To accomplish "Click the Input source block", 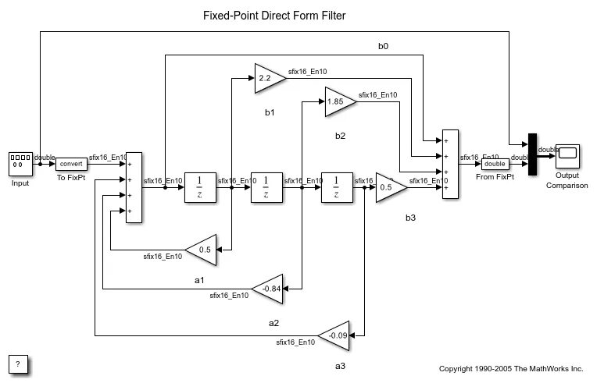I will (x=20, y=164).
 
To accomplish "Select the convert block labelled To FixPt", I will (x=71, y=164).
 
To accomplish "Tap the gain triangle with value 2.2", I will (x=267, y=78).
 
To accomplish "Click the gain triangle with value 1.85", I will (x=338, y=101).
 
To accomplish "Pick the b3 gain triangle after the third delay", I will (x=389, y=187).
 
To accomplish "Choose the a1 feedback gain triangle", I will (x=202, y=250).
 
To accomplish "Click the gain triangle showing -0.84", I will (x=270, y=288).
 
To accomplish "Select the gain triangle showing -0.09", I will (x=337, y=335).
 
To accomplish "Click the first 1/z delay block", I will (x=199, y=187).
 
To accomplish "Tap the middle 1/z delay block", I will (x=266, y=187).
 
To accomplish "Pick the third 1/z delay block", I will (x=336, y=187).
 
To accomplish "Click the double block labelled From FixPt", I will (x=494, y=164).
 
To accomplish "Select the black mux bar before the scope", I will (x=532, y=154).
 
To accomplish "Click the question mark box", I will (x=19, y=363).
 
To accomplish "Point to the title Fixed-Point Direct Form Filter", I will (x=274, y=16).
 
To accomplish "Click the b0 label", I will (x=383, y=47).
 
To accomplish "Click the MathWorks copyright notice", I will (x=511, y=368).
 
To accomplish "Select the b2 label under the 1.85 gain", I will (x=340, y=136).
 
